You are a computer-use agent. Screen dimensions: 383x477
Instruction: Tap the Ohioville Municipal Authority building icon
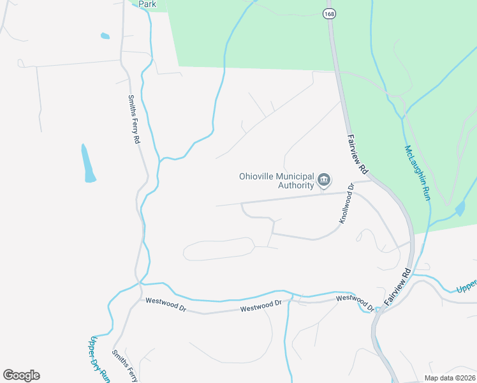point(324,181)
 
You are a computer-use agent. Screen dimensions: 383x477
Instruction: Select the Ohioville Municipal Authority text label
point(277,181)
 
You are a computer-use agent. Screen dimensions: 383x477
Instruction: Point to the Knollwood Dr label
point(346,204)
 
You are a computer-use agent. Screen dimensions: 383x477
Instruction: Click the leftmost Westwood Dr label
point(165,301)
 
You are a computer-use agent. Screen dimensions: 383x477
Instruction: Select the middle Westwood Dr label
point(261,307)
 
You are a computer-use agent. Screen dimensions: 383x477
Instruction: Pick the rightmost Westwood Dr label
point(355,302)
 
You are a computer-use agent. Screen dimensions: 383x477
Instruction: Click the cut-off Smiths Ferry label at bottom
point(124,366)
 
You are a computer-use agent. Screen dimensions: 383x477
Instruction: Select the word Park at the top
point(147,4)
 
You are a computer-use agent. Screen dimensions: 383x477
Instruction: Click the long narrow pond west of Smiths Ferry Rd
point(87,164)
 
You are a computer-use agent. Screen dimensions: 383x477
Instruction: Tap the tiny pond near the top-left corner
point(105,36)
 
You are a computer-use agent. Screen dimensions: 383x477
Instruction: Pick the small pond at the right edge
point(460,209)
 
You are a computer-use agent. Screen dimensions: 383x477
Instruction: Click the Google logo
point(21,375)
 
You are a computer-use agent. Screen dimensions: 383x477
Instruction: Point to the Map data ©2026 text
point(450,378)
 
